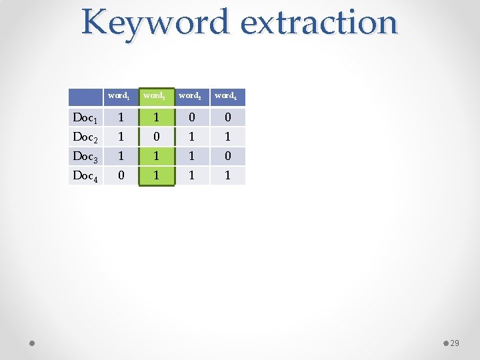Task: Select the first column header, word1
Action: click(120, 97)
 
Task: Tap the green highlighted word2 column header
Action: click(156, 97)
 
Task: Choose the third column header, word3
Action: click(191, 97)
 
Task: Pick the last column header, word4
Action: click(227, 97)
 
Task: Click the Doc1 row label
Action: click(85, 118)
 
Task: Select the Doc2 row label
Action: click(85, 137)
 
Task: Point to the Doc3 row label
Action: click(85, 157)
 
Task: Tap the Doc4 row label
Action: click(85, 176)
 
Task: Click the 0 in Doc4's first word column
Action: click(120, 176)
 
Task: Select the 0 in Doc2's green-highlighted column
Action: click(156, 137)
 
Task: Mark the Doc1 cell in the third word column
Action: click(191, 118)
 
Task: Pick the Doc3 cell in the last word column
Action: click(227, 157)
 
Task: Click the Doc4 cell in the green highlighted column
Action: click(156, 176)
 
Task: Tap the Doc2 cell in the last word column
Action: click(227, 137)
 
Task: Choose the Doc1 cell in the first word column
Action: click(120, 118)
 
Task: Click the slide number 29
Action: click(455, 343)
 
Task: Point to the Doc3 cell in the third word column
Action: click(191, 157)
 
